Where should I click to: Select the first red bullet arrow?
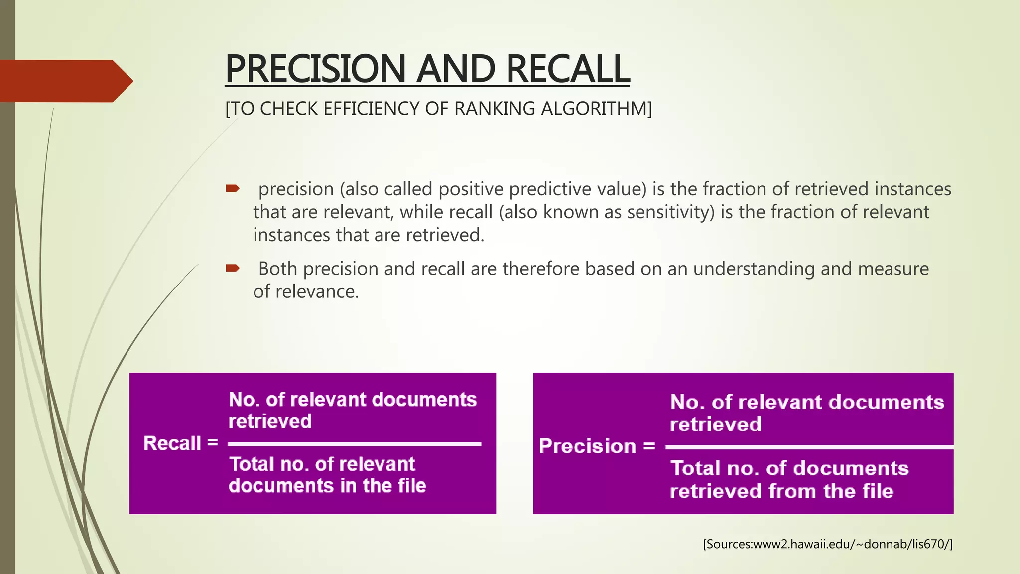pyautogui.click(x=233, y=188)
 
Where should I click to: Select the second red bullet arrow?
pyautogui.click(x=233, y=268)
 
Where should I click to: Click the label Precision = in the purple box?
pyautogui.click(x=597, y=446)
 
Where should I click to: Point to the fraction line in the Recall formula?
pyautogui.click(x=354, y=443)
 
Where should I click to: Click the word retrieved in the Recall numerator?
pyautogui.click(x=270, y=422)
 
